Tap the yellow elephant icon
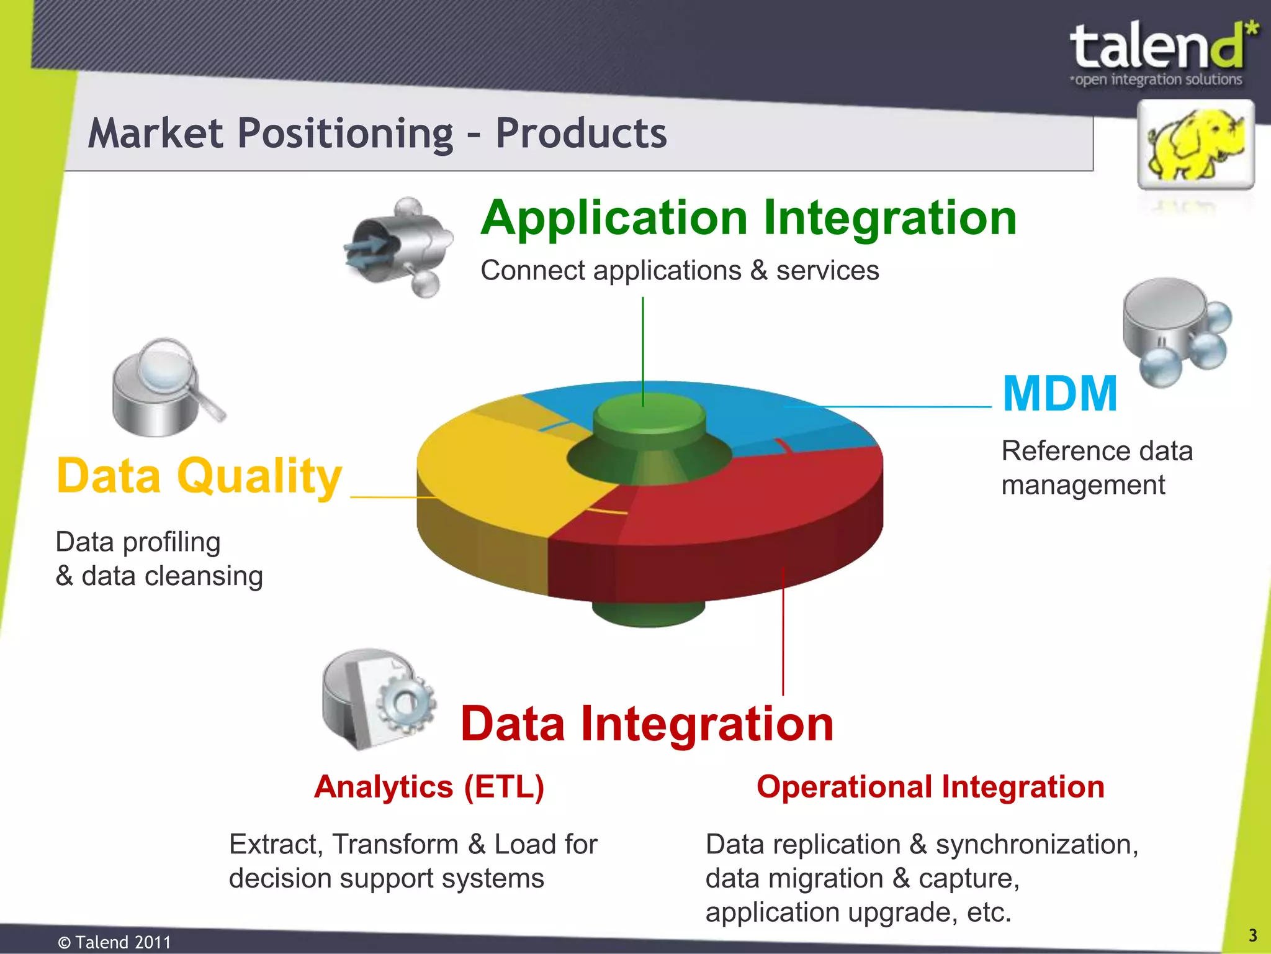click(1195, 144)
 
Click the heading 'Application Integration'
click(748, 219)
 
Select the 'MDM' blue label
click(1060, 394)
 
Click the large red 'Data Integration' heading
click(647, 724)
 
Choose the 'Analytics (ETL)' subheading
click(429, 787)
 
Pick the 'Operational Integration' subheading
click(930, 787)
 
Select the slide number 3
click(1253, 935)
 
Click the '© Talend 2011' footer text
click(114, 942)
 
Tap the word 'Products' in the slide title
click(580, 134)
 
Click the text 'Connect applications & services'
click(680, 271)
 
